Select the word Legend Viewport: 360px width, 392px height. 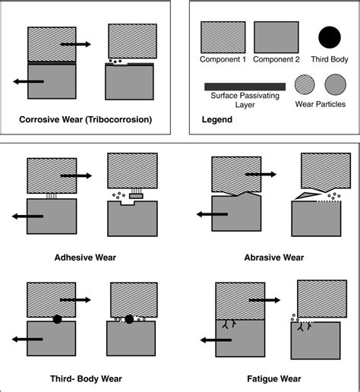click(218, 119)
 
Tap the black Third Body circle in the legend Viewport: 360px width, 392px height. click(329, 36)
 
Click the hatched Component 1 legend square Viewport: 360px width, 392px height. click(223, 36)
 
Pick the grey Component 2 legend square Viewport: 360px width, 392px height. click(275, 36)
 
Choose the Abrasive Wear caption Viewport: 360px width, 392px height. click(274, 258)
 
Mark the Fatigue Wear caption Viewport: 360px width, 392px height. click(274, 378)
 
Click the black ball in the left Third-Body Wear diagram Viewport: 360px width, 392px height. click(58, 319)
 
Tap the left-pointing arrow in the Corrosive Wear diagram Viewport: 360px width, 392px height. click(28, 81)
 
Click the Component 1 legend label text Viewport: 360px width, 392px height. click(223, 60)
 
